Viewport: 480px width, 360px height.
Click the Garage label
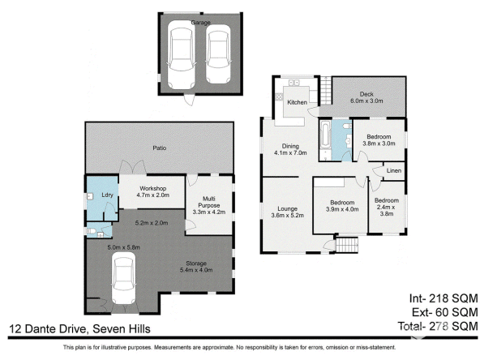200,23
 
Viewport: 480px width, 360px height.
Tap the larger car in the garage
182,55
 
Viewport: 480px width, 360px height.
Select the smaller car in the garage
218,54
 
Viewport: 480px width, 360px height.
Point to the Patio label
160,148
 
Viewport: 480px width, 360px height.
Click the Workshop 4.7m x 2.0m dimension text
152,195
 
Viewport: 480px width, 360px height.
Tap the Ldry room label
108,195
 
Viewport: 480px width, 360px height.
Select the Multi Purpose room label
208,202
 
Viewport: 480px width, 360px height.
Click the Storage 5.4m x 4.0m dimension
196,270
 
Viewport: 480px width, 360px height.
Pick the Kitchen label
297,102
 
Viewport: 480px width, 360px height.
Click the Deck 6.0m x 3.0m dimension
366,101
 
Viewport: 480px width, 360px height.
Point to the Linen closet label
394,170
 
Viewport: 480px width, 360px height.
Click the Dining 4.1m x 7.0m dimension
290,152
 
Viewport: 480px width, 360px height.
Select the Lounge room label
288,208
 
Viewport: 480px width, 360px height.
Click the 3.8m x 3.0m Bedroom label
379,140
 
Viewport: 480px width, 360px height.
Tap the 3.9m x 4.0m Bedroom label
342,206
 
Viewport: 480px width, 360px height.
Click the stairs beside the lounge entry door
347,245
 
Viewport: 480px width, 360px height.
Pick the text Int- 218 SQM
444,298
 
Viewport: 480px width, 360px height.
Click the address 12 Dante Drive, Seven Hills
79,329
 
